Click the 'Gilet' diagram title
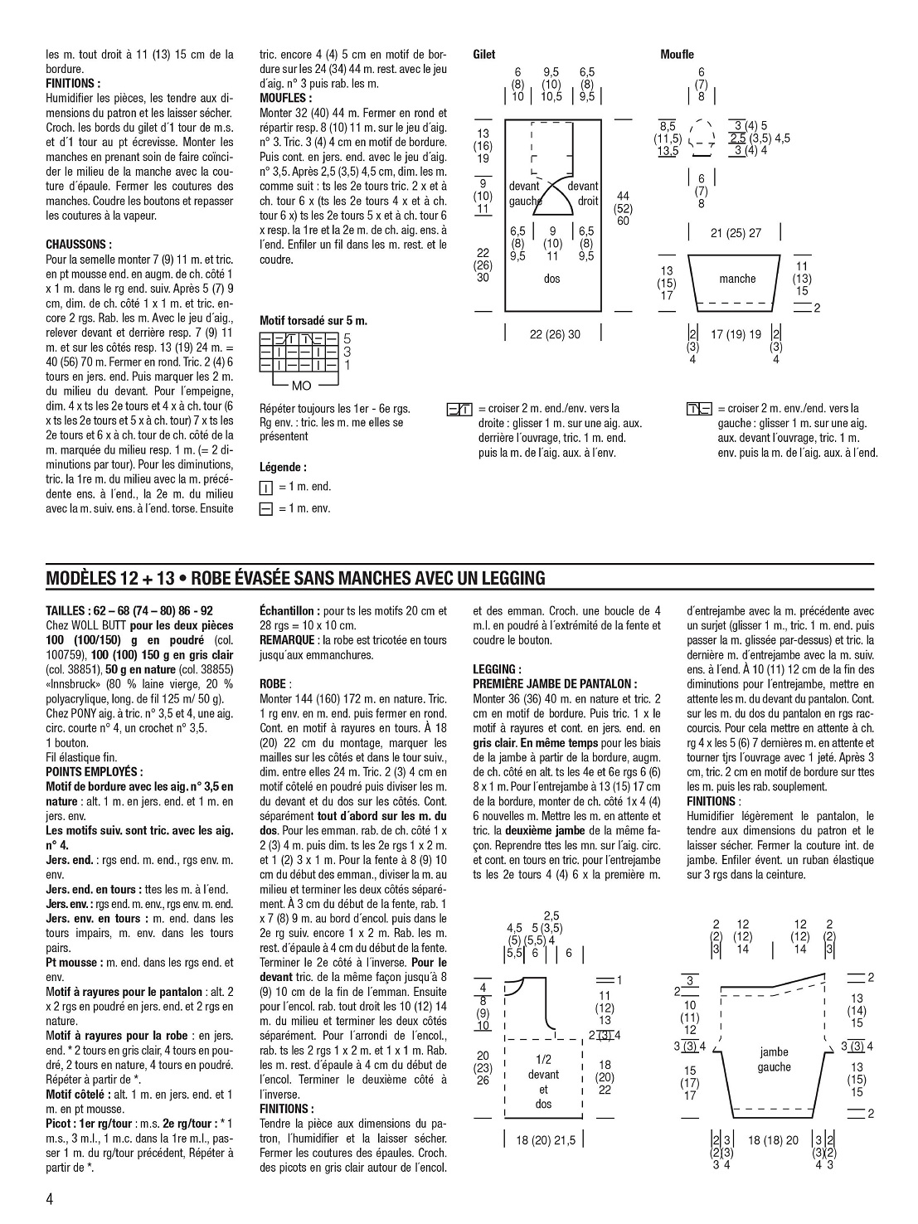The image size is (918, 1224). pos(483,55)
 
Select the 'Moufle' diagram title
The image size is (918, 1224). pos(677,55)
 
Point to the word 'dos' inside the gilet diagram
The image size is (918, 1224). pos(551,279)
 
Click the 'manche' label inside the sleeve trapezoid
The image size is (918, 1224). pos(737,279)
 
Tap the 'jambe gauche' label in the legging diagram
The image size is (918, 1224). pos(774,1059)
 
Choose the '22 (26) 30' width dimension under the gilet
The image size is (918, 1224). pos(555,334)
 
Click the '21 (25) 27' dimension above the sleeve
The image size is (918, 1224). pos(736,233)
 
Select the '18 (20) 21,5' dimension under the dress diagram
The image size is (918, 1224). pos(545,1140)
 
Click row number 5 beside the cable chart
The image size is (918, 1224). pos(347,338)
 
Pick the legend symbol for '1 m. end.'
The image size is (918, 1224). pos(266,488)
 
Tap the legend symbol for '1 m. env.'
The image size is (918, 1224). pos(266,508)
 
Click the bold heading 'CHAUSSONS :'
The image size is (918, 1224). pos(79,245)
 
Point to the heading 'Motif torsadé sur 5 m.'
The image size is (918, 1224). pos(313,320)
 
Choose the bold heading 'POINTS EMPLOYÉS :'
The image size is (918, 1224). pos(95,771)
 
